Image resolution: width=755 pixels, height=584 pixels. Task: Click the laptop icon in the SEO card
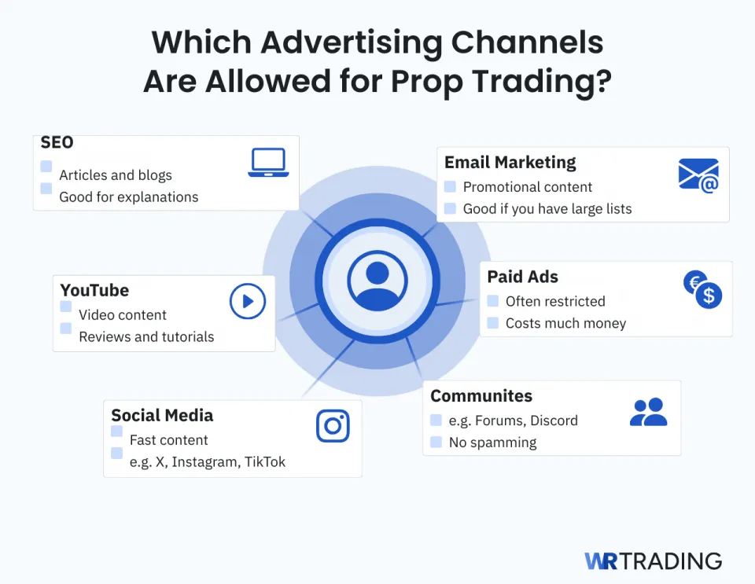(268, 163)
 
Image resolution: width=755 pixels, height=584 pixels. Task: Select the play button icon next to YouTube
(248, 301)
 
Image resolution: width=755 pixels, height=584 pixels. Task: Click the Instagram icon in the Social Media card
(333, 426)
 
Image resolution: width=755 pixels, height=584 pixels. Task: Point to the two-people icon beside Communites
(648, 412)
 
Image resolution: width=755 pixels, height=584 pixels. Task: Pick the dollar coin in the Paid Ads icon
(709, 296)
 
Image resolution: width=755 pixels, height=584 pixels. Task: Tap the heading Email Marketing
(510, 163)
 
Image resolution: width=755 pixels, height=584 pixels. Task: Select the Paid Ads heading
(522, 277)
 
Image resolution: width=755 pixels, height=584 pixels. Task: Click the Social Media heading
(162, 415)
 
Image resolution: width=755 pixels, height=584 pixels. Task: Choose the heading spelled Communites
(481, 396)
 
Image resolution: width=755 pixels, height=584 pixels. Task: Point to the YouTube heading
(94, 290)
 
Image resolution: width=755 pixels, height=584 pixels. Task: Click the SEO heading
(57, 142)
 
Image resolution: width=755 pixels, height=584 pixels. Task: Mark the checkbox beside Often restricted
(493, 301)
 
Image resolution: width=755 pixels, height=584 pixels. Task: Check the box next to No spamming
(436, 443)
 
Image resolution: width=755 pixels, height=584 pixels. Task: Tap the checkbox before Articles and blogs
(46, 167)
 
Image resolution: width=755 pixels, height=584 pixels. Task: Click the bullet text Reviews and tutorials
(146, 336)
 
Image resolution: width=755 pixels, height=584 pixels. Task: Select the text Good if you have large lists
(547, 209)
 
